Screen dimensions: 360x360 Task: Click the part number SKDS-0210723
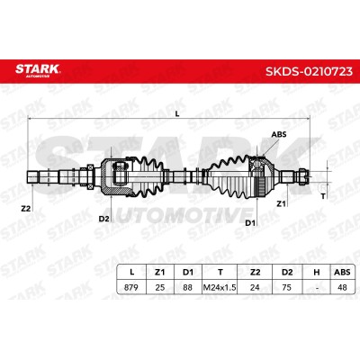[x=309, y=71]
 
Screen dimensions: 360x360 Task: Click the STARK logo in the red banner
[x=38, y=70]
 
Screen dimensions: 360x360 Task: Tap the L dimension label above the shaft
[x=177, y=113]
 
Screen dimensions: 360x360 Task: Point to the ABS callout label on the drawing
[x=279, y=134]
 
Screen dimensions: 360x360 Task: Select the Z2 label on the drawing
[x=26, y=209]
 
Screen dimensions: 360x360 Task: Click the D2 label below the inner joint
[x=103, y=219]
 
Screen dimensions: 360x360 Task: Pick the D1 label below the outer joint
[x=250, y=223]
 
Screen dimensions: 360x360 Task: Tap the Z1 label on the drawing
[x=281, y=204]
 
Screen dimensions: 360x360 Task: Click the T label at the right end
[x=323, y=196]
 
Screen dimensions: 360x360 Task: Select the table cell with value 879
[x=131, y=287]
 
